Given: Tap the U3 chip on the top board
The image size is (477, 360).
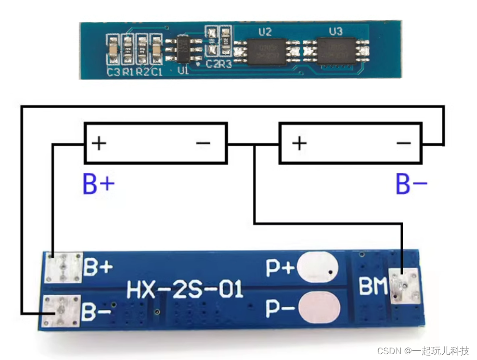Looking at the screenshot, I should [335, 49].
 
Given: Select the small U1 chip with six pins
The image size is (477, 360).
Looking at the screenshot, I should [183, 49].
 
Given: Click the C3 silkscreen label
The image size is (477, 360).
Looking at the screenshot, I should [113, 72].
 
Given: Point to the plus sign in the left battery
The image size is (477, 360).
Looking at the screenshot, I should [99, 143].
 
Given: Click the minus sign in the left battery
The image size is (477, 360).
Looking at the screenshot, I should [203, 143].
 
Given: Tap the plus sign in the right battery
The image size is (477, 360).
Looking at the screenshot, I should [299, 143].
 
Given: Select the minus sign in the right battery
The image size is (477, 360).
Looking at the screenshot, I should [403, 143].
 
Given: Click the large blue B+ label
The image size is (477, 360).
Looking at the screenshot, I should [98, 185].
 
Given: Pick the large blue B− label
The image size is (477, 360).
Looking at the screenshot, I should [411, 185].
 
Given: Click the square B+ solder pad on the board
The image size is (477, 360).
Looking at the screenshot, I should [63, 268].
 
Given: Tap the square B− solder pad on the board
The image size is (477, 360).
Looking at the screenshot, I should [61, 311].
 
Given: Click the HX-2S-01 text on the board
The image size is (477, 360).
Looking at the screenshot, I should [185, 290].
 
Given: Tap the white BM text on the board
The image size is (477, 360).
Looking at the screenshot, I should [373, 288].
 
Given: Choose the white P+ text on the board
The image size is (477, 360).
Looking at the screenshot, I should [280, 268].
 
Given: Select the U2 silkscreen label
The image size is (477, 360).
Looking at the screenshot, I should [265, 32].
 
